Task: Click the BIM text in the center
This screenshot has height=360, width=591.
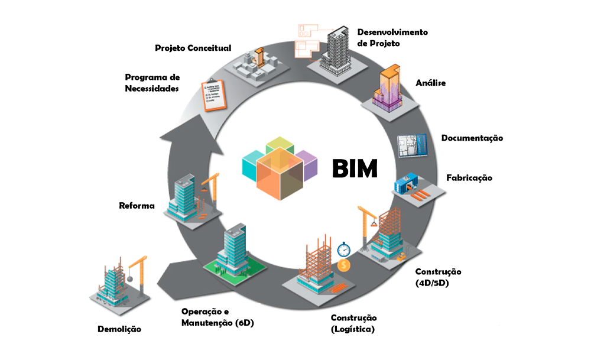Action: click(354, 168)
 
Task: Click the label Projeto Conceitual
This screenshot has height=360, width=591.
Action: click(193, 48)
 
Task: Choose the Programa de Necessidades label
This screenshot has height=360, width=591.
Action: click(152, 82)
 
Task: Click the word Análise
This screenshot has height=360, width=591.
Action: click(431, 83)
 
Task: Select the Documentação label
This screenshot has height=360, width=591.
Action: click(472, 138)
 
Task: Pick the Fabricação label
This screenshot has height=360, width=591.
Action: click(469, 177)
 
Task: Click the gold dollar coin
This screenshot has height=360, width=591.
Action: click(343, 265)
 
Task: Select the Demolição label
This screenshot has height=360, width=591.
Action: click(119, 329)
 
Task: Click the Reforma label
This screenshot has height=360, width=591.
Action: click(137, 206)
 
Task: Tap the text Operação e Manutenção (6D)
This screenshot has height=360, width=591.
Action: click(217, 317)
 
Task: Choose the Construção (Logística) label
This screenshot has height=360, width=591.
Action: click(353, 324)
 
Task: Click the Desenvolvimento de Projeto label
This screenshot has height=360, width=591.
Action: click(392, 37)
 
